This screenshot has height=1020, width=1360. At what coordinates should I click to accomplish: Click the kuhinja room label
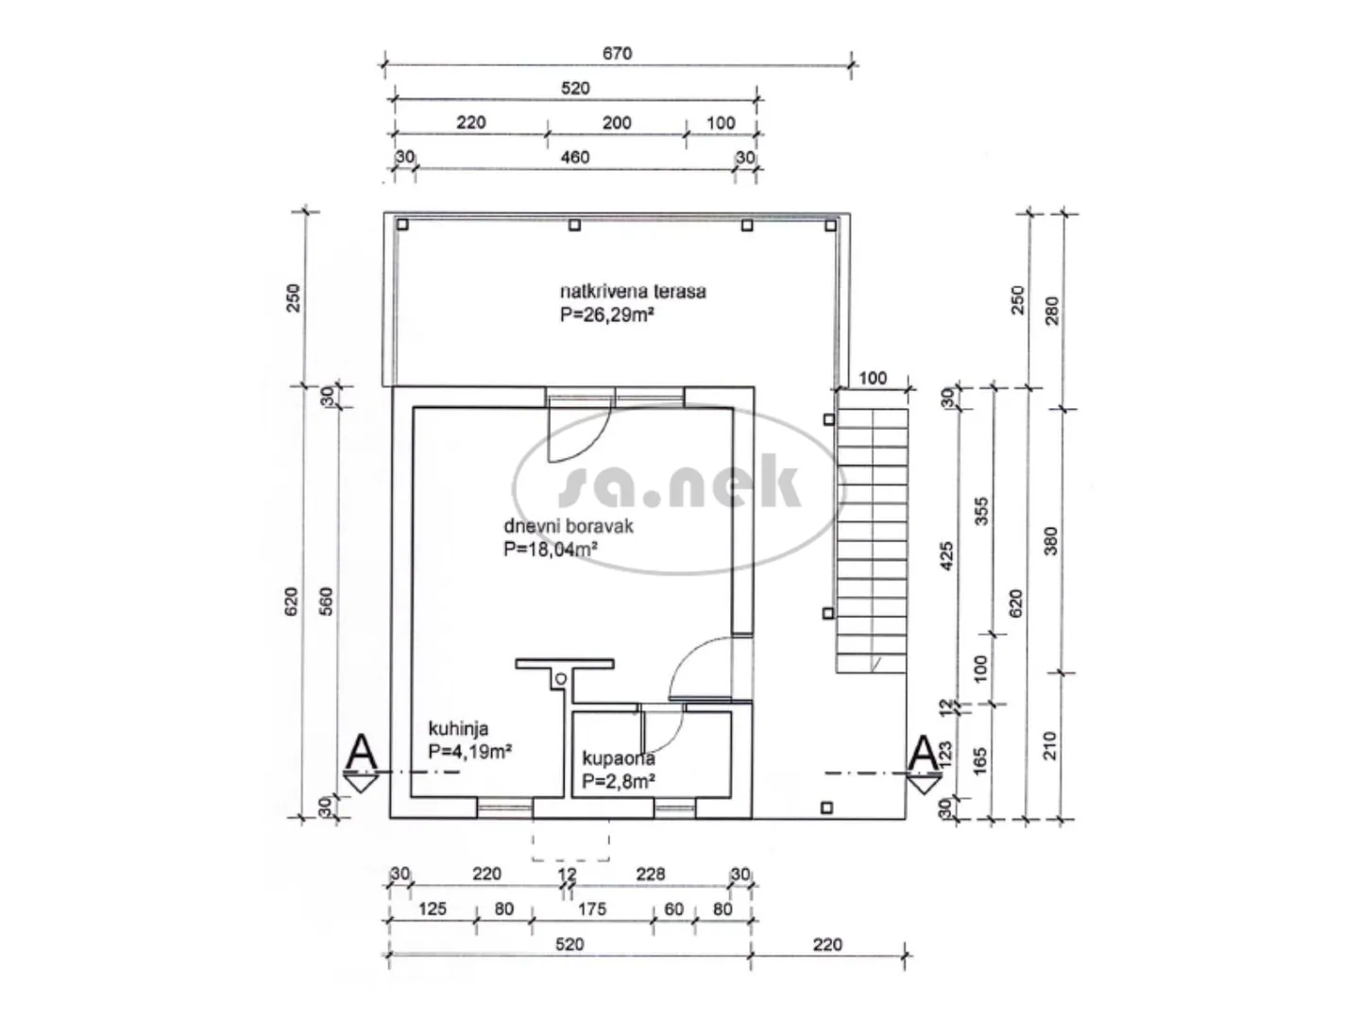tap(458, 728)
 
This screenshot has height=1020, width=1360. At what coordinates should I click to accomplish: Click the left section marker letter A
tap(361, 753)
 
